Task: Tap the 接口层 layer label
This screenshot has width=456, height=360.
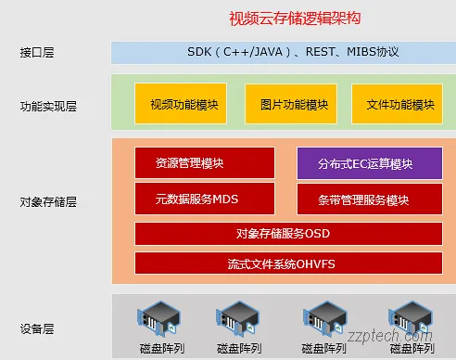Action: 37,53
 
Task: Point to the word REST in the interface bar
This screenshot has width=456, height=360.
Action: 311,52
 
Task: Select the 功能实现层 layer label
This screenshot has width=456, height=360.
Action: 48,106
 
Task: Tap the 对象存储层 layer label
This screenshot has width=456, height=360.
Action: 48,199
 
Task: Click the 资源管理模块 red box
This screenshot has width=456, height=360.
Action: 191,163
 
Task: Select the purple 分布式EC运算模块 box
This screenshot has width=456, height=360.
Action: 364,164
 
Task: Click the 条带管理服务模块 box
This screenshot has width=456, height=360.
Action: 364,199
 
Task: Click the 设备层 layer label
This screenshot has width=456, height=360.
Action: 37,328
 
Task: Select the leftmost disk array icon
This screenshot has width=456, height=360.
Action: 158,320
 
